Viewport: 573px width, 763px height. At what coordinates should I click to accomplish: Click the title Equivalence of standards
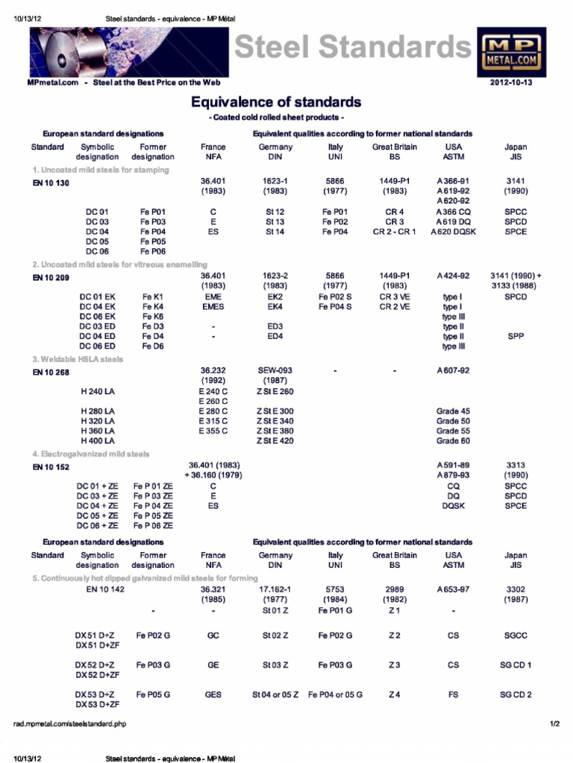[x=276, y=101]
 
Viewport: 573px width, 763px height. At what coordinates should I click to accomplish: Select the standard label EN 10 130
[x=51, y=183]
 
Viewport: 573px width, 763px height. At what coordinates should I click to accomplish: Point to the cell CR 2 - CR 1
[x=395, y=232]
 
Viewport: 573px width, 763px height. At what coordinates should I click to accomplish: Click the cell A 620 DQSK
[x=453, y=232]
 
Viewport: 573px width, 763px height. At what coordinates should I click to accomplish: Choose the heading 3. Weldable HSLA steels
[x=78, y=359]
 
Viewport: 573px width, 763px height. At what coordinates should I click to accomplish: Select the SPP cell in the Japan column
[x=516, y=336]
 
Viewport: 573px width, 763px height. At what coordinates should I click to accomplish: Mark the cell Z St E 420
[x=275, y=441]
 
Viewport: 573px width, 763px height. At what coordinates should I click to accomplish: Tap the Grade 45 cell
[x=453, y=411]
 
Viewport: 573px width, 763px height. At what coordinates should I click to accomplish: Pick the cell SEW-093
[x=275, y=370]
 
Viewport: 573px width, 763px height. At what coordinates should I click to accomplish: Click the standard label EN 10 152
[x=51, y=467]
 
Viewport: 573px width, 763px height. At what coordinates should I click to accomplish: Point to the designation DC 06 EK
[x=98, y=317]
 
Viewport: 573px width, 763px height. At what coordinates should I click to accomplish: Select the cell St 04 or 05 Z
[x=275, y=694]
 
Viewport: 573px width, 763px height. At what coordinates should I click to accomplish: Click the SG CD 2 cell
[x=516, y=694]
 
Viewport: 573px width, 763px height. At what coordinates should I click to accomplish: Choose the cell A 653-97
[x=453, y=589]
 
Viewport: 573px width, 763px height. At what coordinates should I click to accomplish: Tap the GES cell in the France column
[x=213, y=694]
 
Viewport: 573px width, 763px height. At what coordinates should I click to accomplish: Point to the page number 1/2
[x=554, y=724]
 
